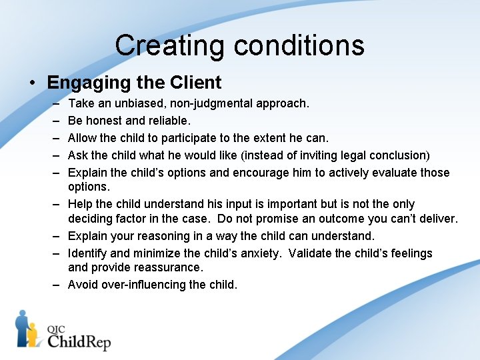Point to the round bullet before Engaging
point(32,83)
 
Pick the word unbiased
point(134,103)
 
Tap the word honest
point(104,121)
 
